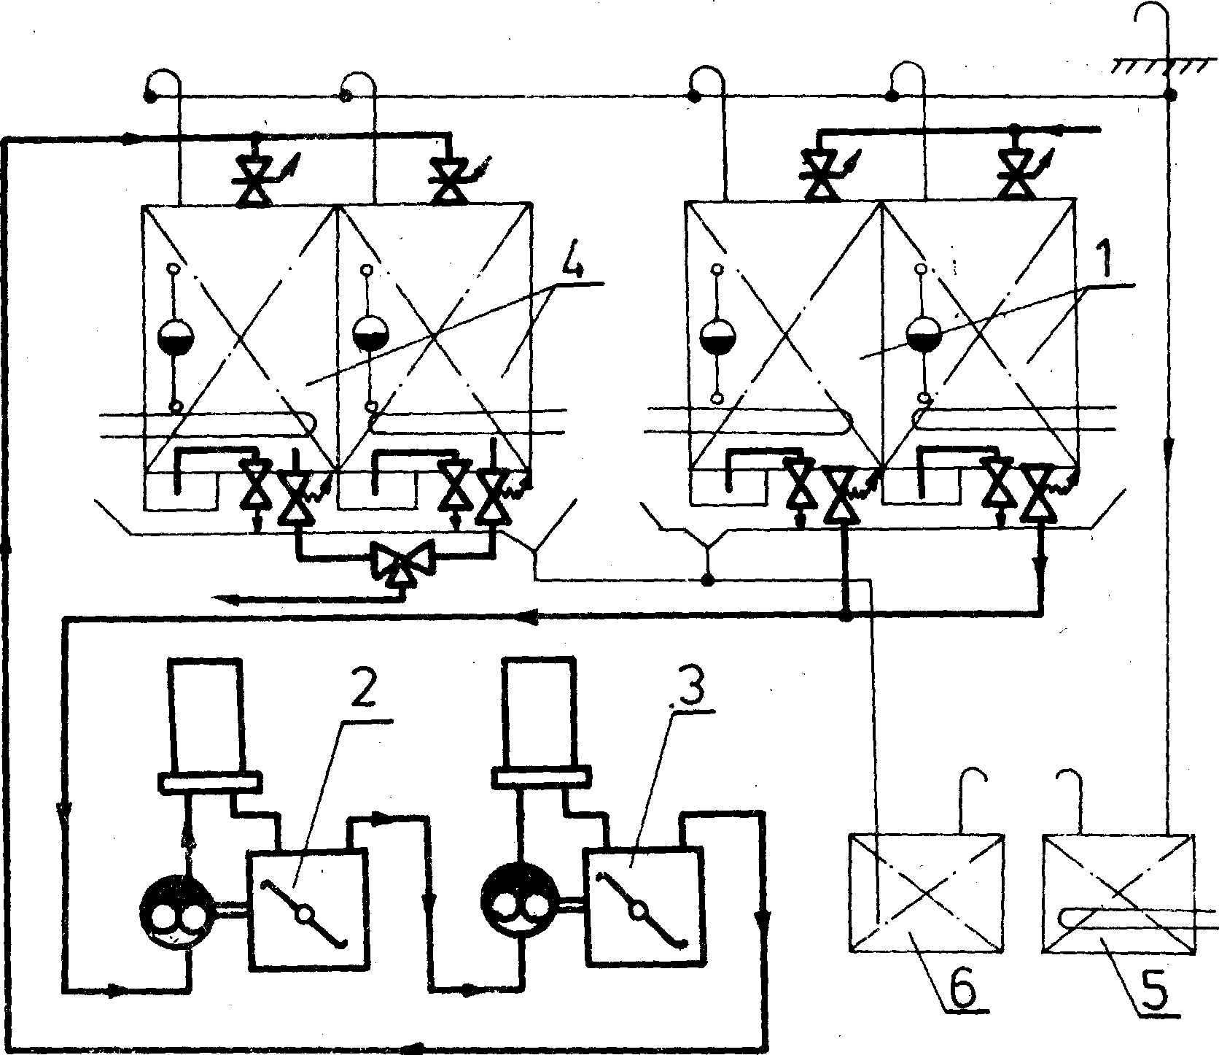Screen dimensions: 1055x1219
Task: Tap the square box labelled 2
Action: [x=307, y=909]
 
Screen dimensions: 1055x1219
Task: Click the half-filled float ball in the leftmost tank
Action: [x=176, y=338]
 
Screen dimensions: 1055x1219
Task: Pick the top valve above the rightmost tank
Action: [x=1015, y=176]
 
